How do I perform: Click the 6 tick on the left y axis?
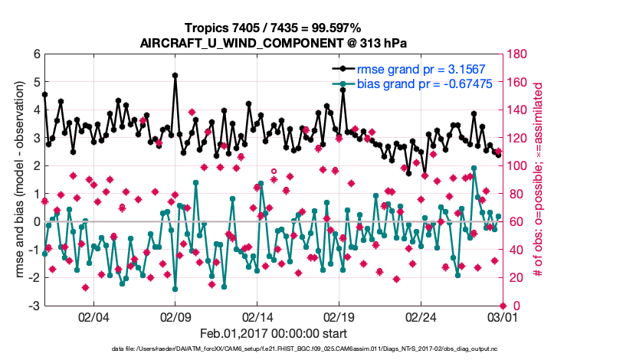pyautogui.click(x=36, y=54)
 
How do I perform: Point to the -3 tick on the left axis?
pyautogui.click(x=34, y=306)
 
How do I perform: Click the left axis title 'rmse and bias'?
pyautogui.click(x=20, y=180)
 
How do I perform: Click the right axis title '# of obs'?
pyautogui.click(x=538, y=180)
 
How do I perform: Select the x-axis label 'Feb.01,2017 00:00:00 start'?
pyautogui.click(x=274, y=334)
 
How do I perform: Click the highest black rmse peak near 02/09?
pyautogui.click(x=175, y=76)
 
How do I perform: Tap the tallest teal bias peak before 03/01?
pyautogui.click(x=474, y=168)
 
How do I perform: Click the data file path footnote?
pyautogui.click(x=274, y=349)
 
